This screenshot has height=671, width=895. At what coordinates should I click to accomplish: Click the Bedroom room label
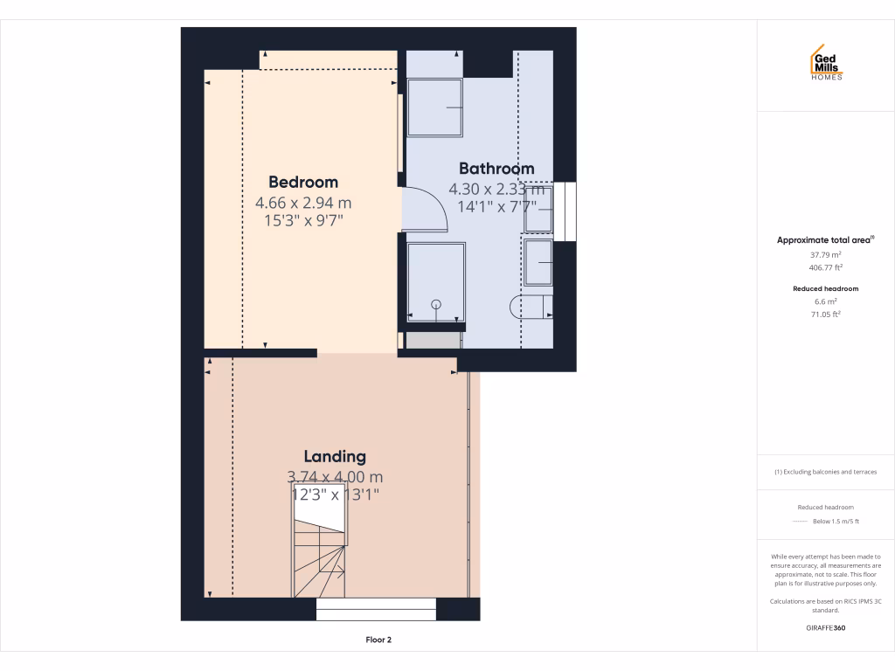(302, 182)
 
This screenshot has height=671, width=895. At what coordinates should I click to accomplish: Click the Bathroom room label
(496, 169)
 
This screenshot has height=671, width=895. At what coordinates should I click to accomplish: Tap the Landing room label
(335, 456)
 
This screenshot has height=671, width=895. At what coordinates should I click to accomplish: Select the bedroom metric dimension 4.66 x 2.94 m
(302, 203)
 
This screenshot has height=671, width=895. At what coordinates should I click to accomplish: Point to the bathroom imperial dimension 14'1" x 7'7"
(496, 207)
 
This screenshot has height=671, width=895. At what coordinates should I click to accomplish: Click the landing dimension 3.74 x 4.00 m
(335, 477)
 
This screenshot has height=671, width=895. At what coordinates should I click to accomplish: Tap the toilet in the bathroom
(530, 307)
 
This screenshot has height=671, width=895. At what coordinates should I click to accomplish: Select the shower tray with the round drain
(436, 281)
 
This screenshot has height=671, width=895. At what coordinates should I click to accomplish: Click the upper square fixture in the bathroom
(435, 107)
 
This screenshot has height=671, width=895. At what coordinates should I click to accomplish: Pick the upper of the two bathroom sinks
(538, 210)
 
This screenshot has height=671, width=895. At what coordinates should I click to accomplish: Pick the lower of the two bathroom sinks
(538, 263)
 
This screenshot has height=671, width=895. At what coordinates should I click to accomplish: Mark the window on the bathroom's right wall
(571, 211)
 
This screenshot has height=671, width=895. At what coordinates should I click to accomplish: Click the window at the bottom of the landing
(376, 609)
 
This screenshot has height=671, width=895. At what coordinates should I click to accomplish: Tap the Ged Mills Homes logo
(827, 63)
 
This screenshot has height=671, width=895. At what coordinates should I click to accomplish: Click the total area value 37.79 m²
(825, 255)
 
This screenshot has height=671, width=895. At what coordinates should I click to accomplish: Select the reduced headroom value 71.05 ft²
(825, 314)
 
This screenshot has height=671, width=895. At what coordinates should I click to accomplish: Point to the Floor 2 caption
(378, 640)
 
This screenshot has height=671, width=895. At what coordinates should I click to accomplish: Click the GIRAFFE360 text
(825, 627)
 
